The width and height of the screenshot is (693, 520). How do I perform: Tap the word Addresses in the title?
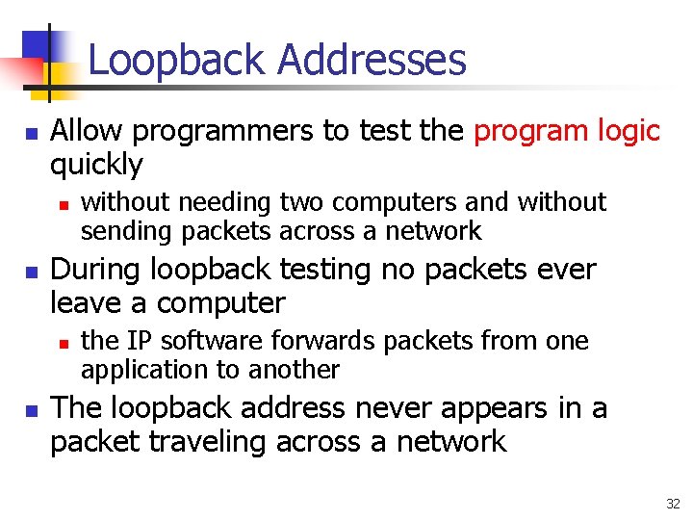(372, 60)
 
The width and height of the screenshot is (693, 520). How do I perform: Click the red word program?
(535, 130)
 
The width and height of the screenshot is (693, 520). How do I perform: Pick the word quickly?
(96, 165)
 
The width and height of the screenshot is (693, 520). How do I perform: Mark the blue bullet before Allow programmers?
(30, 132)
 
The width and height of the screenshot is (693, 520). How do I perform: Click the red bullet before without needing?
(64, 204)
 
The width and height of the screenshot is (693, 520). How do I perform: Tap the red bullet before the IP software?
(64, 343)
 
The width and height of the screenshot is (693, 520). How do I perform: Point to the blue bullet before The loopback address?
(30, 409)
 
